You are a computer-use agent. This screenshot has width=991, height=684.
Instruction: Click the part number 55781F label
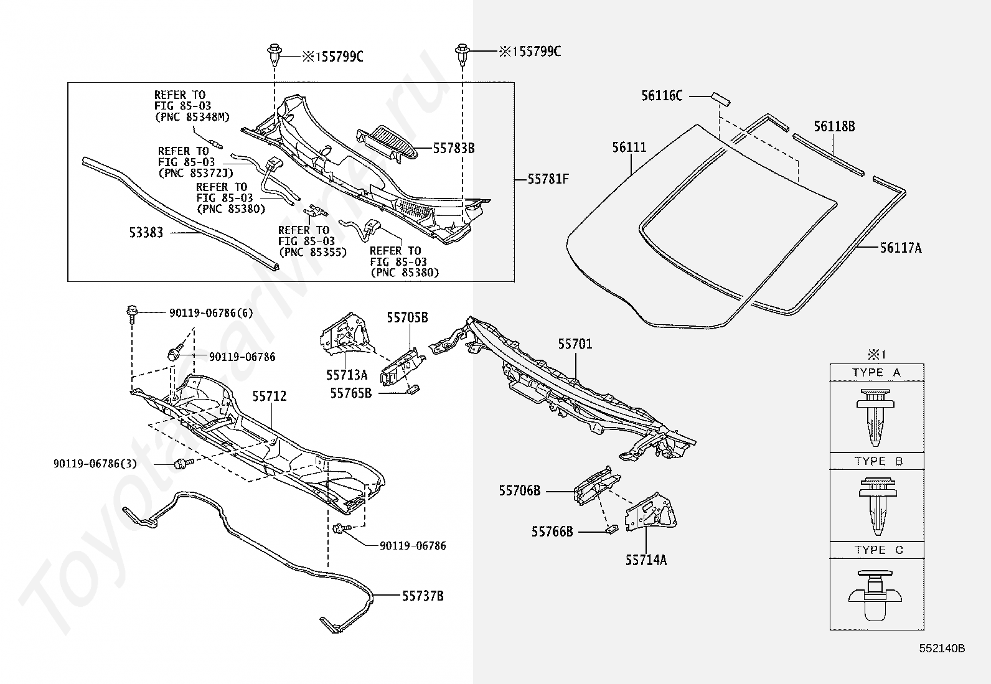click(x=548, y=179)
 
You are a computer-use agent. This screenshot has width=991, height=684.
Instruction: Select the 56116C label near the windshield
click(x=662, y=96)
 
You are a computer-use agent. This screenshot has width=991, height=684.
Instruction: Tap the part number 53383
click(x=146, y=233)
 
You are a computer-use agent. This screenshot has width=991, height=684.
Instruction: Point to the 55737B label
click(x=422, y=596)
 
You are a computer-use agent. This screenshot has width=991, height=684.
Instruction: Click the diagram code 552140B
click(x=942, y=649)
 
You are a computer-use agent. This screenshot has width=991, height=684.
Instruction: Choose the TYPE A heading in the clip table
click(x=876, y=373)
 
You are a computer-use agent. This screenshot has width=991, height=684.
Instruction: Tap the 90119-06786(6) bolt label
click(x=211, y=313)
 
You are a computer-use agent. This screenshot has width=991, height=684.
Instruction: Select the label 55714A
click(x=646, y=560)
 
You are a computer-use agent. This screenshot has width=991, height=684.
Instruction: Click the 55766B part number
click(x=552, y=532)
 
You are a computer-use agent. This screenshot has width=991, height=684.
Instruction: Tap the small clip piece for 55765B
click(x=412, y=390)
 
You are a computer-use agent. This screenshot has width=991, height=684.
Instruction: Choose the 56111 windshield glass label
click(x=629, y=148)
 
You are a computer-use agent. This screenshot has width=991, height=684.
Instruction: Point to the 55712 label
click(x=270, y=396)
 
